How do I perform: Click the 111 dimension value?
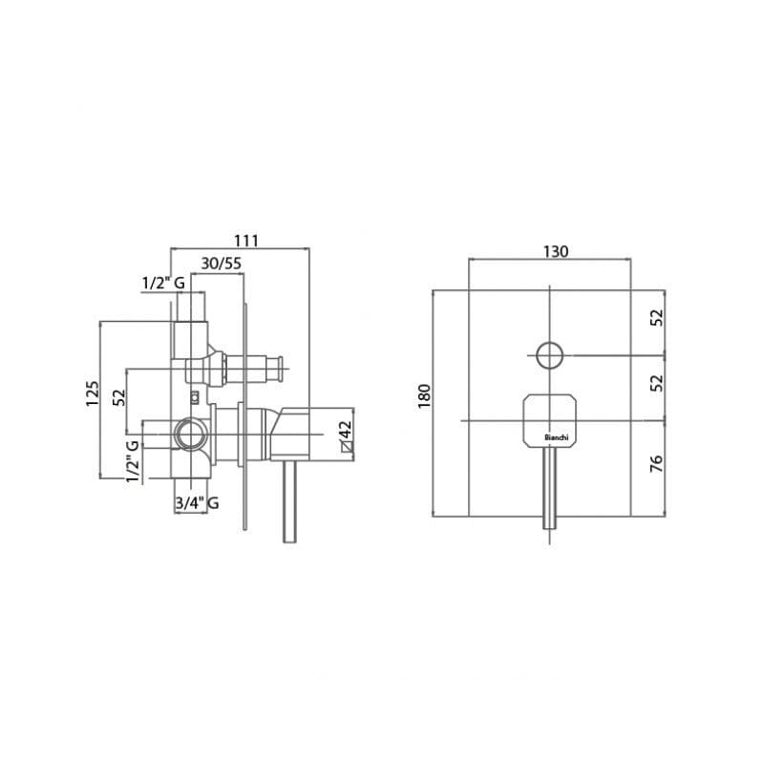click(x=246, y=241)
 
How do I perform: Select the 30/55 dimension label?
click(x=222, y=264)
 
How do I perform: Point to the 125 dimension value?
click(x=93, y=393)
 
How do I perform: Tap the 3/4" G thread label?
click(x=197, y=502)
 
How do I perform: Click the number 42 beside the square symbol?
click(x=345, y=431)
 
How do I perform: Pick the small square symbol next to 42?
click(x=347, y=446)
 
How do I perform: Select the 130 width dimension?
click(x=556, y=251)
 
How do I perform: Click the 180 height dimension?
click(x=424, y=396)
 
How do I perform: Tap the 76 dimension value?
click(x=657, y=463)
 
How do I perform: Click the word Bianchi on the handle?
click(x=556, y=437)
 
